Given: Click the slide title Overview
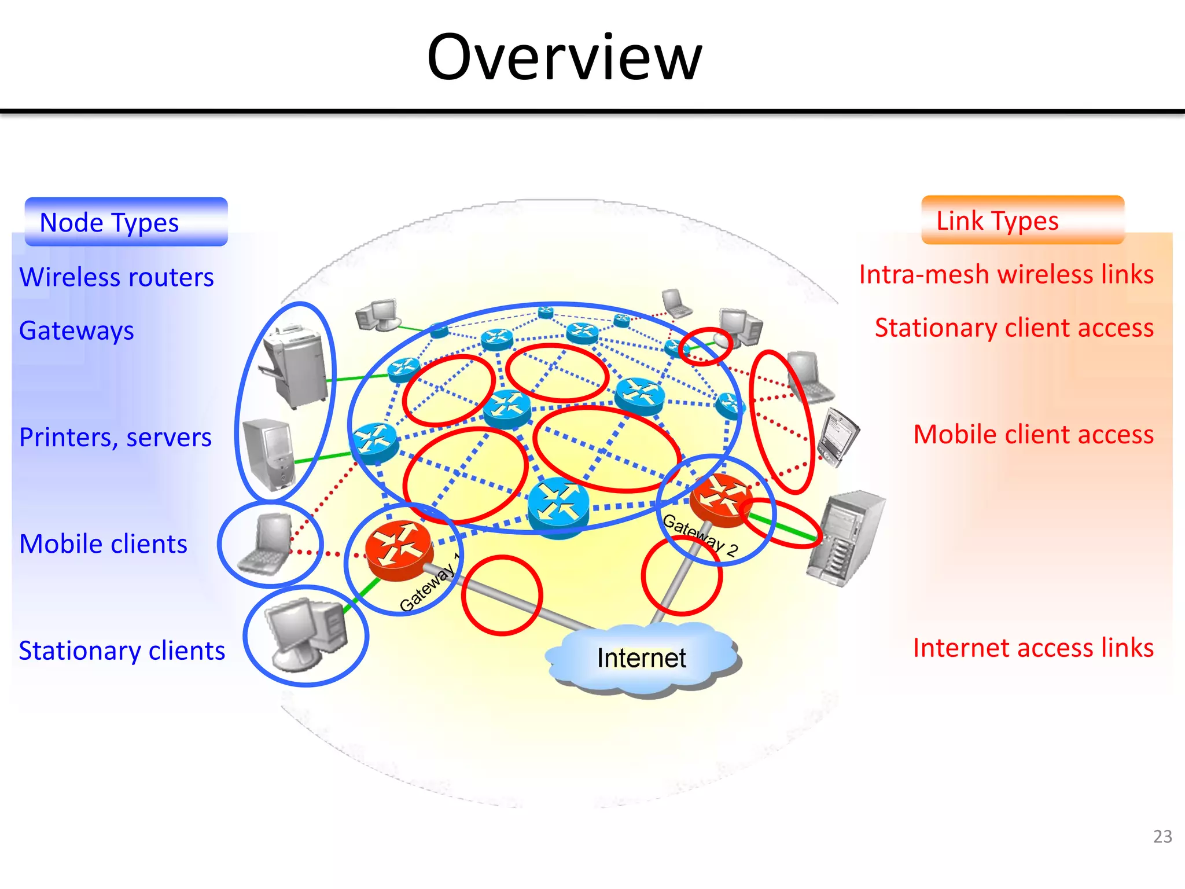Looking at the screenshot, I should pyautogui.click(x=564, y=58).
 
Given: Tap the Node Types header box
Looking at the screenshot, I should pyautogui.click(x=126, y=222).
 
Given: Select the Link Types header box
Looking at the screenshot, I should pyautogui.click(x=1022, y=221).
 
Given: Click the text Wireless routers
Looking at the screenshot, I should pyautogui.click(x=116, y=277).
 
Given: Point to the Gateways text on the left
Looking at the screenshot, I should pyautogui.click(x=76, y=330).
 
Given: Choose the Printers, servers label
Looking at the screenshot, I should pyautogui.click(x=115, y=437).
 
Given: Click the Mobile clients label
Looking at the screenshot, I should pyautogui.click(x=103, y=544).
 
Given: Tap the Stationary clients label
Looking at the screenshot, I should pyautogui.click(x=122, y=651).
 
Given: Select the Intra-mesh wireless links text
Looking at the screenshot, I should pyautogui.click(x=1006, y=274).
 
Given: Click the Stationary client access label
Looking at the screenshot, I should pyautogui.click(x=1014, y=328).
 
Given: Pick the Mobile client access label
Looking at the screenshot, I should pyautogui.click(x=1033, y=434).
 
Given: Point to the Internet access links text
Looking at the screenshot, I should pyautogui.click(x=1033, y=648).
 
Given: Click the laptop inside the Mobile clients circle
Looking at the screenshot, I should pyautogui.click(x=267, y=544).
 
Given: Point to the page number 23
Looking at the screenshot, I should pyautogui.click(x=1162, y=836).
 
